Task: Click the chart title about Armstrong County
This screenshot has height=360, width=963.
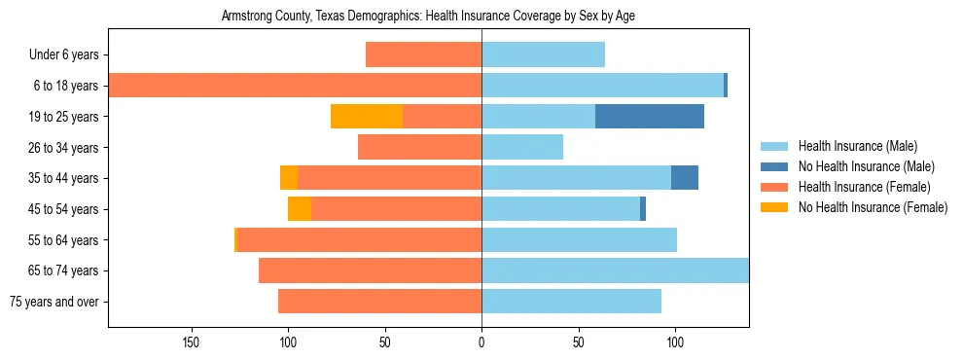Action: [x=428, y=17]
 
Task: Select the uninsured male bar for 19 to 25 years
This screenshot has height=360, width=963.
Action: [x=649, y=117]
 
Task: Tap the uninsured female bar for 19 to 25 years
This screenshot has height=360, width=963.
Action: [x=367, y=117]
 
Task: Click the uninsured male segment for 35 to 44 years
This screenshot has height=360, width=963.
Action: [x=685, y=178]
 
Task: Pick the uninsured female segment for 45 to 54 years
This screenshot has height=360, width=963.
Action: [x=300, y=209]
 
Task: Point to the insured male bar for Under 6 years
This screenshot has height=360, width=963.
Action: [x=543, y=54]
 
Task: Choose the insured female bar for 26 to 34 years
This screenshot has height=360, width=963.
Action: [x=419, y=147]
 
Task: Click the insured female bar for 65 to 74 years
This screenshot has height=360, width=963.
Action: [x=370, y=270]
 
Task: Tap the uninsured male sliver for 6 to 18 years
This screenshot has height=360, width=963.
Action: [x=726, y=86]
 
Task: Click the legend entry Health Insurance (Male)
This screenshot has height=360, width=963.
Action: [x=857, y=146]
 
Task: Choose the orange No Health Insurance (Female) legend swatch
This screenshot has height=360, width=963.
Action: [x=774, y=207]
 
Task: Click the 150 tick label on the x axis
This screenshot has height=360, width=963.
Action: [x=191, y=342]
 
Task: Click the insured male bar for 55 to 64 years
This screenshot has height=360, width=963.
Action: [x=579, y=240]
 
